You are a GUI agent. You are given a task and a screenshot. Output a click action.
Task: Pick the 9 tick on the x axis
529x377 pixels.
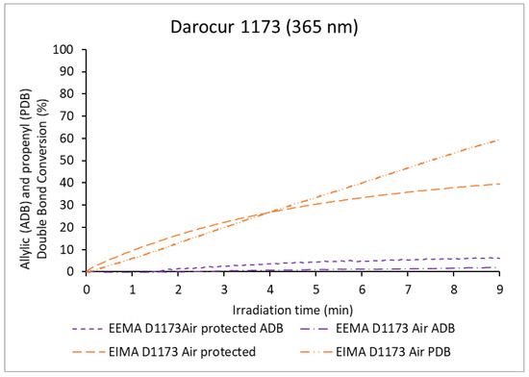pos(498,287)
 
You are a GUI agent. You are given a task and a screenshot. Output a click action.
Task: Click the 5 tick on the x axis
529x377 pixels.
pos(315,287)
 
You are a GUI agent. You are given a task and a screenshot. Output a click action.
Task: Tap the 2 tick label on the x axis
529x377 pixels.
pos(178,287)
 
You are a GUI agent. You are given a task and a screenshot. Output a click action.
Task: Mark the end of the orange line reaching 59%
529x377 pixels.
pos(498,140)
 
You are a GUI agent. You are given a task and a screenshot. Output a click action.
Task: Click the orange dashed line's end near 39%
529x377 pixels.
pos(498,185)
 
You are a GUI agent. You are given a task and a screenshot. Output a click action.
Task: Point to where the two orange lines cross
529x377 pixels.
pos(272,212)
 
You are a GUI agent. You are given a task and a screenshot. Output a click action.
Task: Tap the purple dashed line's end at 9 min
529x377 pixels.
pos(498,258)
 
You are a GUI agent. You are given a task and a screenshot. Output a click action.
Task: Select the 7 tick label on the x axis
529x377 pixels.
pos(407,287)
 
